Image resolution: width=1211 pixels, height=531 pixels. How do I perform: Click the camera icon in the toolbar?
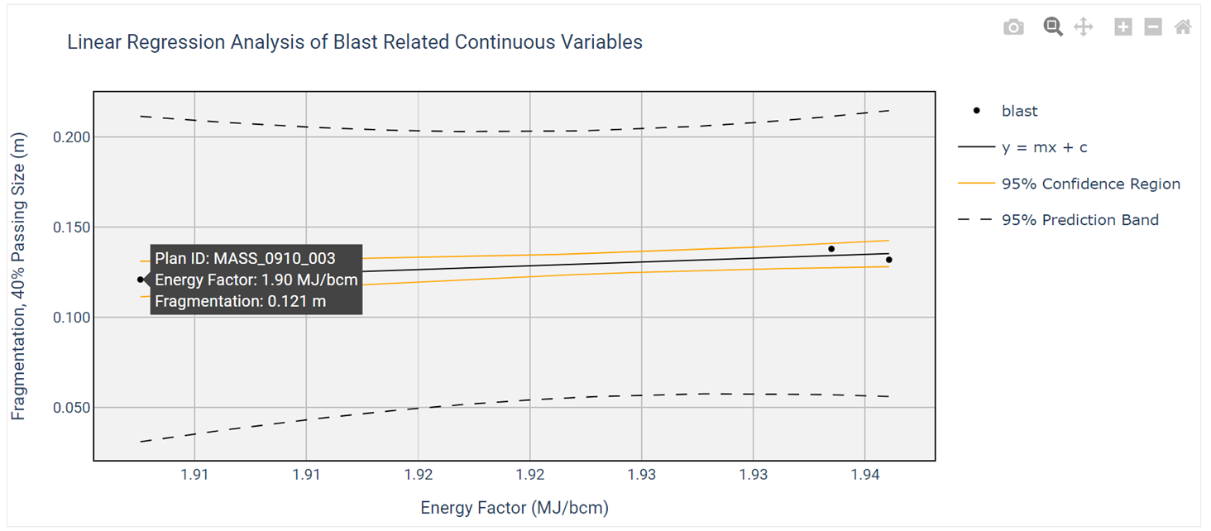[x=1013, y=27]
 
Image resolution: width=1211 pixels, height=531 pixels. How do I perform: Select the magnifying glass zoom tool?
[x=1052, y=27]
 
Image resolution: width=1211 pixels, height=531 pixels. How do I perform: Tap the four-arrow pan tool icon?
[x=1083, y=27]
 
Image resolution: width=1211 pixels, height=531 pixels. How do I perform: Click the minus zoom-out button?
[x=1152, y=27]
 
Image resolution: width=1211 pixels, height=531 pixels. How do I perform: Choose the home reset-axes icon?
[x=1183, y=27]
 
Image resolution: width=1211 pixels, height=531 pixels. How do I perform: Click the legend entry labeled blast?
[x=1019, y=111]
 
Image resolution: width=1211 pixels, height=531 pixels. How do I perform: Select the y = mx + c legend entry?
[x=1044, y=147]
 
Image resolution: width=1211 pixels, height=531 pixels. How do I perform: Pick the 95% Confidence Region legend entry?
[x=1090, y=184]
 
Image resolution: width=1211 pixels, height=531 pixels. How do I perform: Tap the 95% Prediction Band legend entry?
[x=1079, y=220]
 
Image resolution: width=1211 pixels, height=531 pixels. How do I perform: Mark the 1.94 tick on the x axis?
[x=864, y=476]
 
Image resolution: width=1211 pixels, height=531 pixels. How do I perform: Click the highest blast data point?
[x=831, y=249]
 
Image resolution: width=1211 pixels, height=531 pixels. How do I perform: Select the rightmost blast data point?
[x=889, y=260]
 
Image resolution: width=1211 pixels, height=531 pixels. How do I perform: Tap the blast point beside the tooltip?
[x=141, y=280]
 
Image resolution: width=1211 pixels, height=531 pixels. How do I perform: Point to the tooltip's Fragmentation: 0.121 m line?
[x=241, y=301]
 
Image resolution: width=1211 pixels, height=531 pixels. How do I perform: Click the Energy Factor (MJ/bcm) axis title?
[x=514, y=508]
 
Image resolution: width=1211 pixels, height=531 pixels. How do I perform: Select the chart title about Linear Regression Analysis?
[x=355, y=42]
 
